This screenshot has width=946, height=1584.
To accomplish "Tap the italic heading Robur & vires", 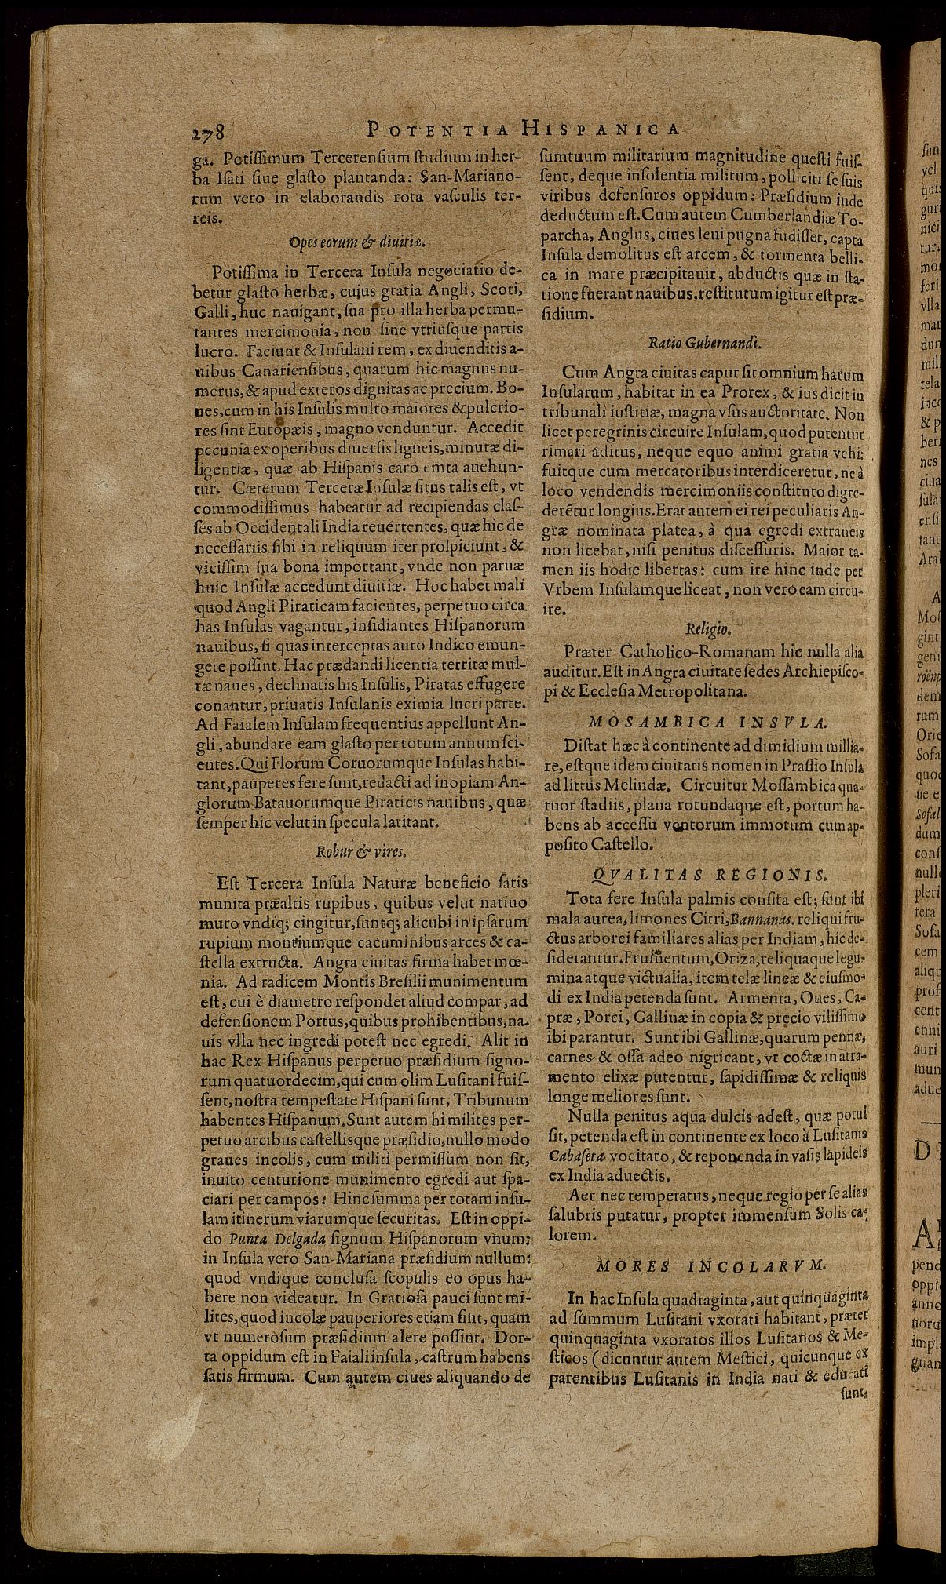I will (x=360, y=851).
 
